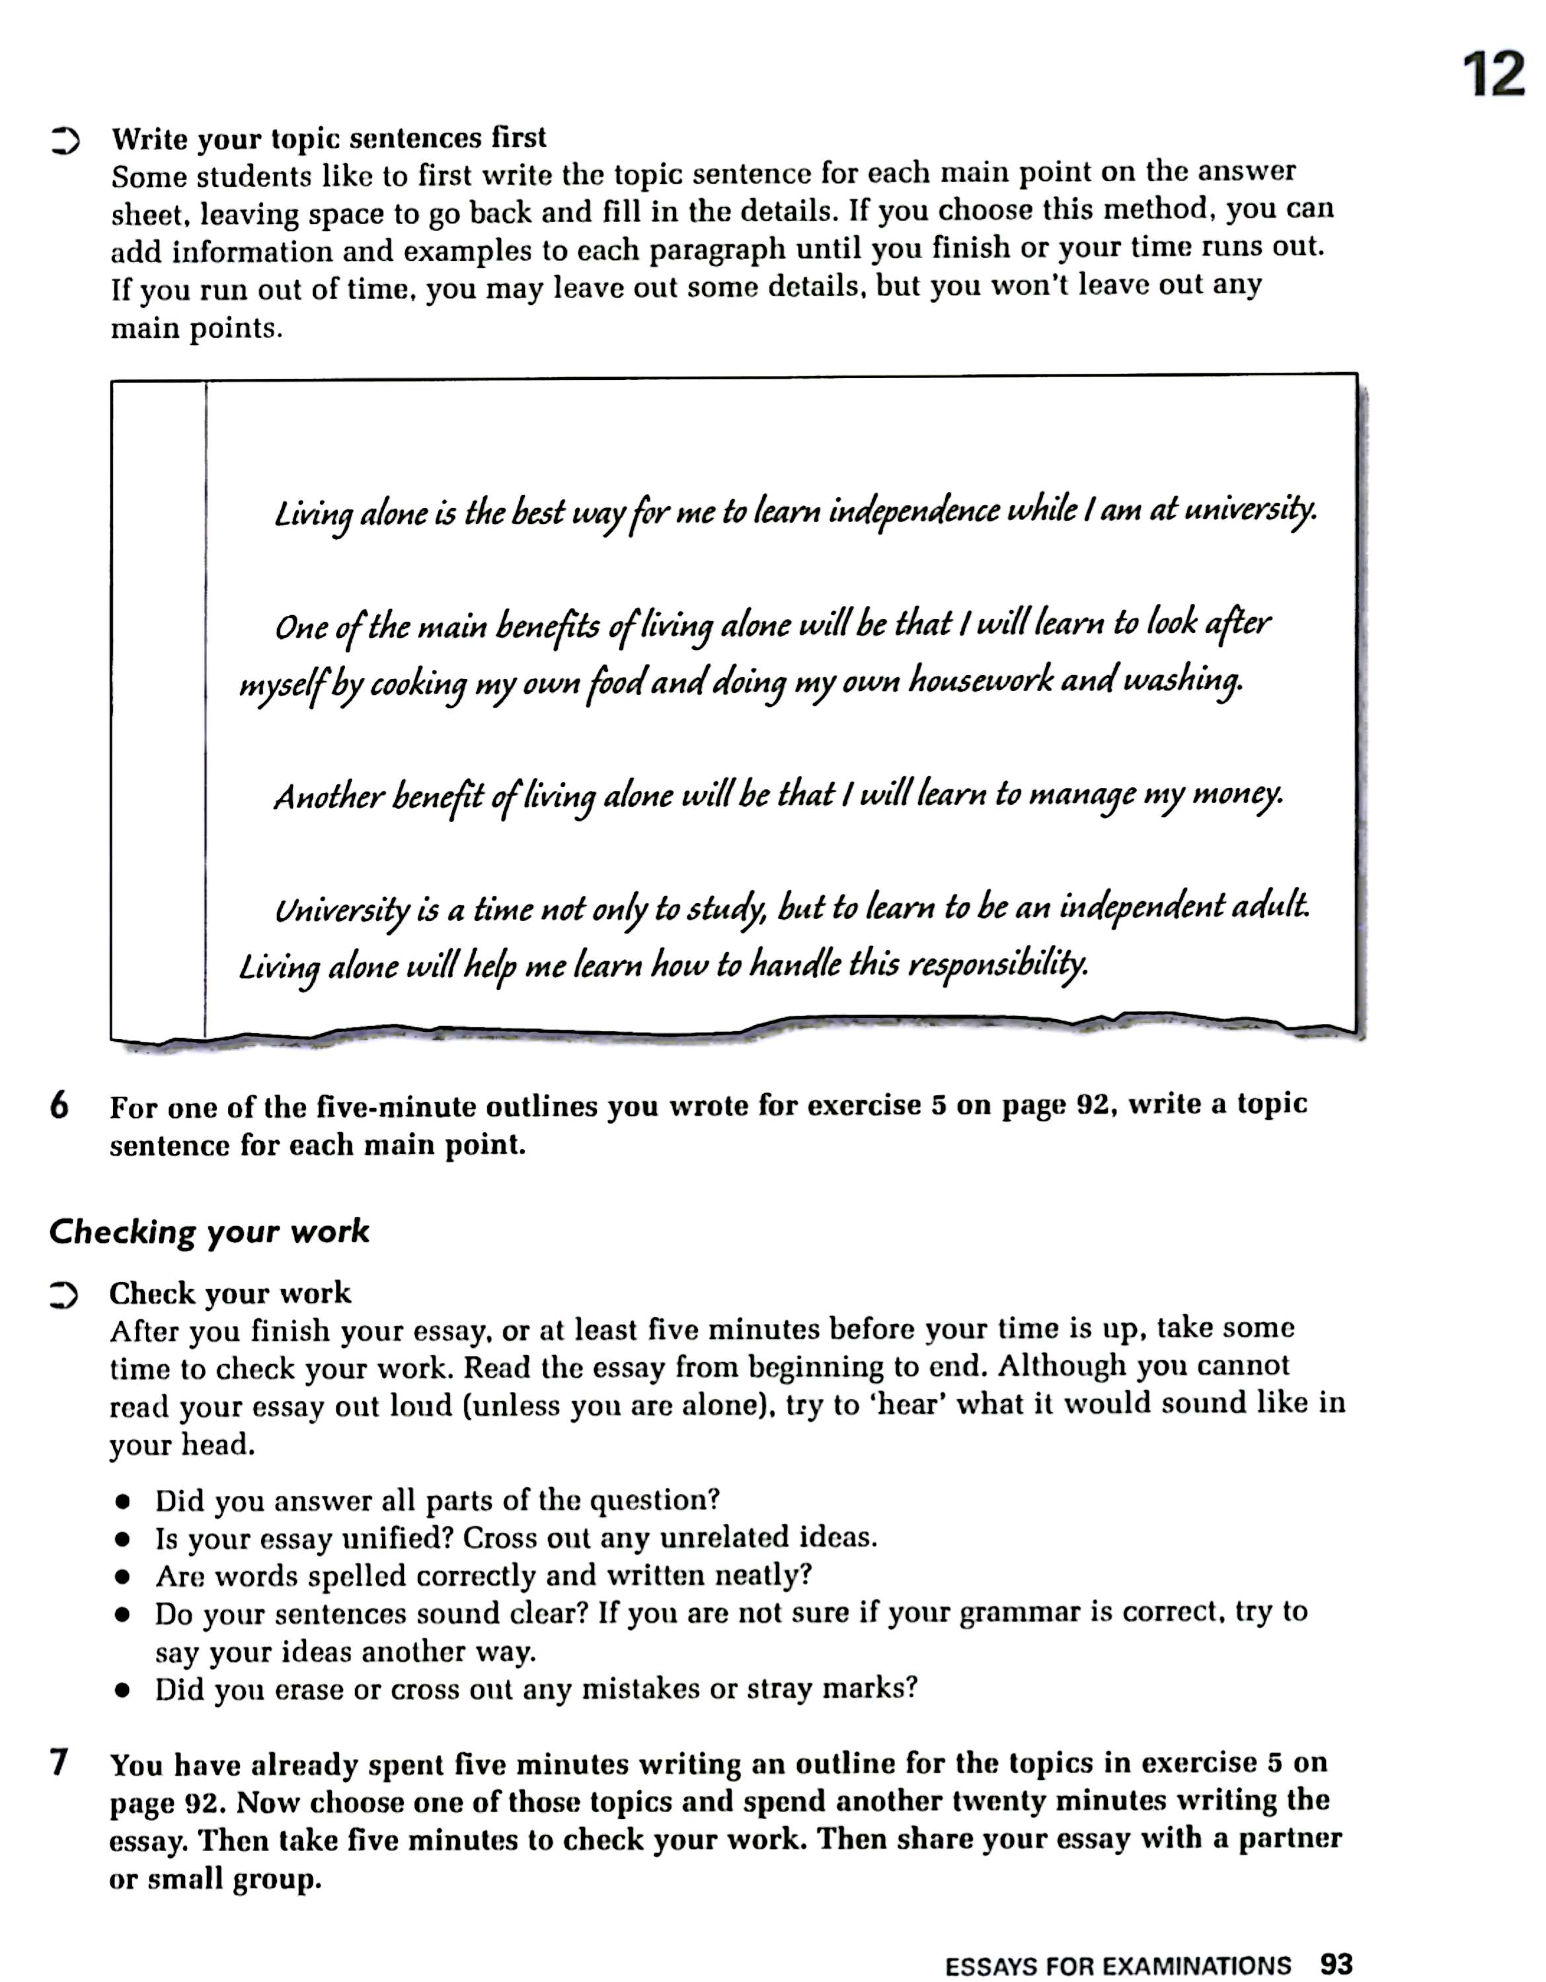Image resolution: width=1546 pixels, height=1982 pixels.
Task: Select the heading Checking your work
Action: click(x=209, y=1231)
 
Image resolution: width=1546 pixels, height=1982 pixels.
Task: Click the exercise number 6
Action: click(x=59, y=1106)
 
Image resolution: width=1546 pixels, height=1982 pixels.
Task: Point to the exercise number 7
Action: click(x=59, y=1763)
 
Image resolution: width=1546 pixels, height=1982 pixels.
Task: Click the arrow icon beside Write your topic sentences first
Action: click(x=65, y=141)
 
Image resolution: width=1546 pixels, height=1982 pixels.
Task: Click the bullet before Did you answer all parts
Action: click(x=122, y=1502)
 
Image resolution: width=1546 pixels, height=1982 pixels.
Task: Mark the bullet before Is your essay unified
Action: click(x=122, y=1540)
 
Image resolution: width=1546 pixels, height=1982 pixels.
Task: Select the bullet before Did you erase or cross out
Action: click(x=122, y=1691)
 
